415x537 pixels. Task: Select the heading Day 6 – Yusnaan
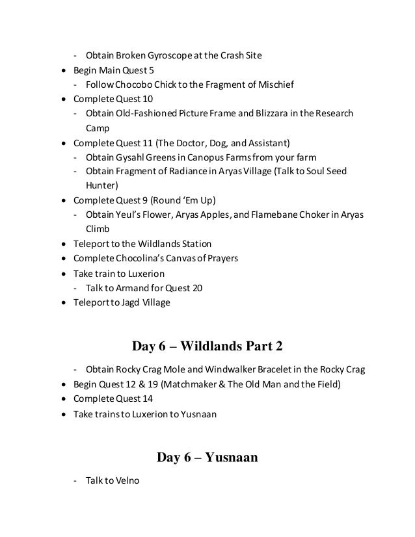pyautogui.click(x=207, y=458)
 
